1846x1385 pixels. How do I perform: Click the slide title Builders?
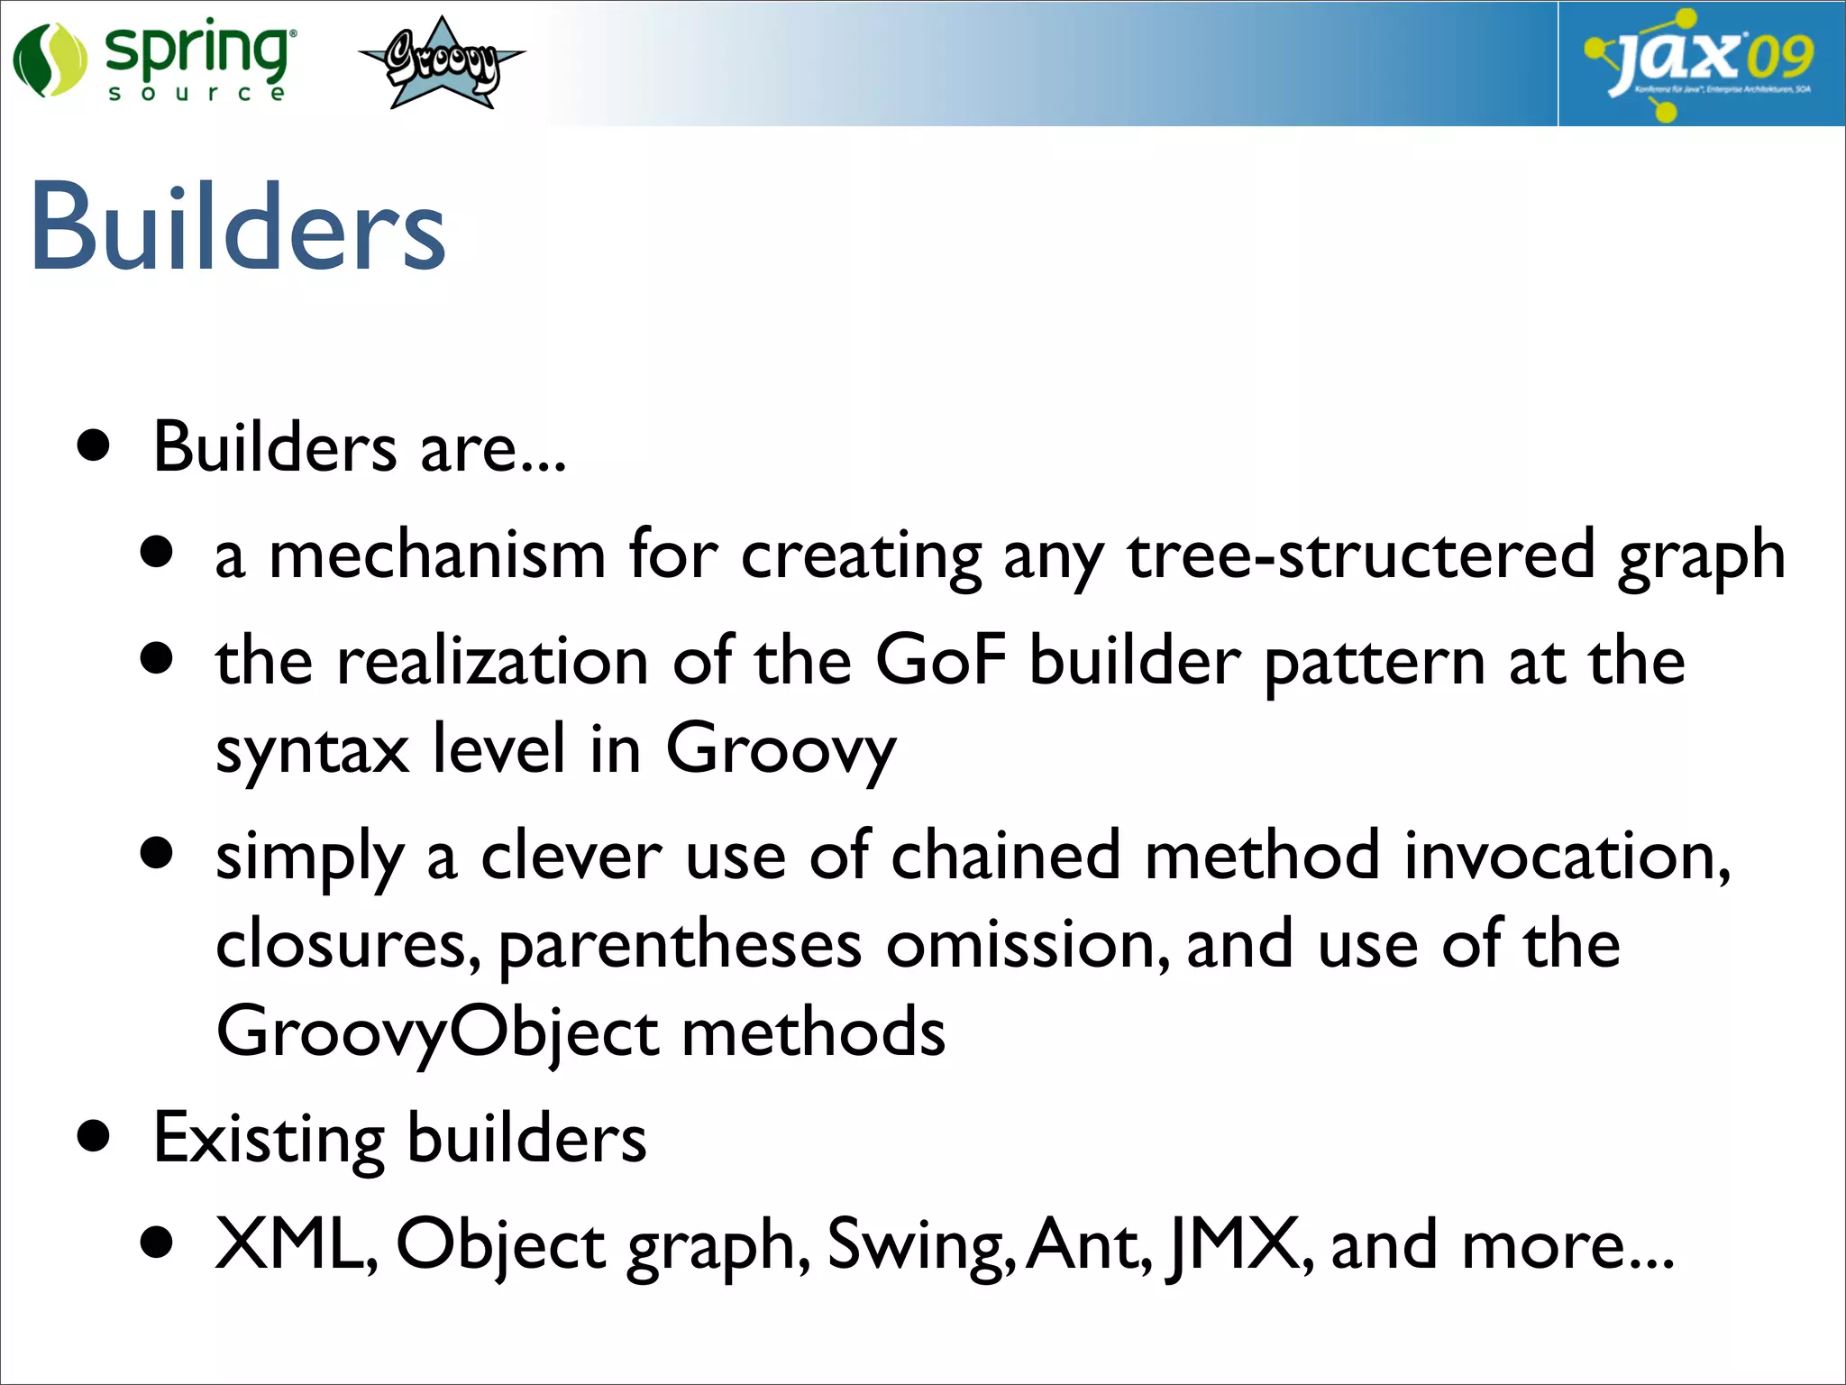(x=238, y=227)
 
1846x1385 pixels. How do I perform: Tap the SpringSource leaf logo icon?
(x=50, y=60)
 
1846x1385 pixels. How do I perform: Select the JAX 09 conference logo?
(x=1701, y=63)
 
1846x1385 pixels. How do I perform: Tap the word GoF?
(x=940, y=660)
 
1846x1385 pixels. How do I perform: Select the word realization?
(x=492, y=660)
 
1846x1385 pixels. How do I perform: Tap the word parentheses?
(x=681, y=945)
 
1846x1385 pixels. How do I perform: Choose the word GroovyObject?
(x=437, y=1032)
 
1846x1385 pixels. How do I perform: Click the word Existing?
(x=269, y=1138)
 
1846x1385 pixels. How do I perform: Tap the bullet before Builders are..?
(x=94, y=445)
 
